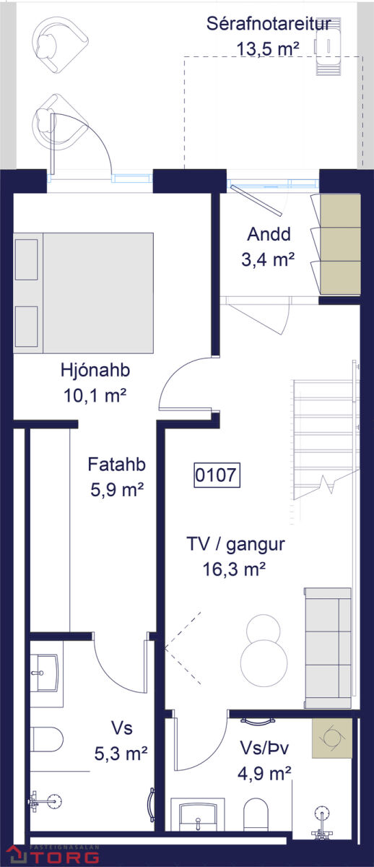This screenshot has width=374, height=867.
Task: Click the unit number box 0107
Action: pyautogui.click(x=217, y=475)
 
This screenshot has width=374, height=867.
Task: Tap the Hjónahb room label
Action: pyautogui.click(x=95, y=370)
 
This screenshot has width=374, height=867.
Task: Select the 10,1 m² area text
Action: pyautogui.click(x=95, y=396)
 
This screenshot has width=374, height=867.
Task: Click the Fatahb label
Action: pyautogui.click(x=116, y=465)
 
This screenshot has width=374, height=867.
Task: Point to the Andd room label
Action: pyautogui.click(x=269, y=234)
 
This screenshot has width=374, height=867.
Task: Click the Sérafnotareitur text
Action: pyautogui.click(x=269, y=24)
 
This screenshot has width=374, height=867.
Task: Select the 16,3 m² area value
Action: pyautogui.click(x=234, y=569)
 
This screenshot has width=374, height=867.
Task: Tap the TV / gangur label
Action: pyautogui.click(x=235, y=544)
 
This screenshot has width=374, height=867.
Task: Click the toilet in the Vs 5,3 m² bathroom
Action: pyautogui.click(x=46, y=739)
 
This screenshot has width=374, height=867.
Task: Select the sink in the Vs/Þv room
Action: pyautogui.click(x=198, y=816)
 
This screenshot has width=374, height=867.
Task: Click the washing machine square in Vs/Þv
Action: pyautogui.click(x=332, y=738)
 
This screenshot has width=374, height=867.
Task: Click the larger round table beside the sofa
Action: pyautogui.click(x=264, y=663)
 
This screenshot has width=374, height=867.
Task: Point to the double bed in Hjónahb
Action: pyautogui.click(x=84, y=293)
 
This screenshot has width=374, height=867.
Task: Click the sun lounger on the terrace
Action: pyautogui.click(x=329, y=46)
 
